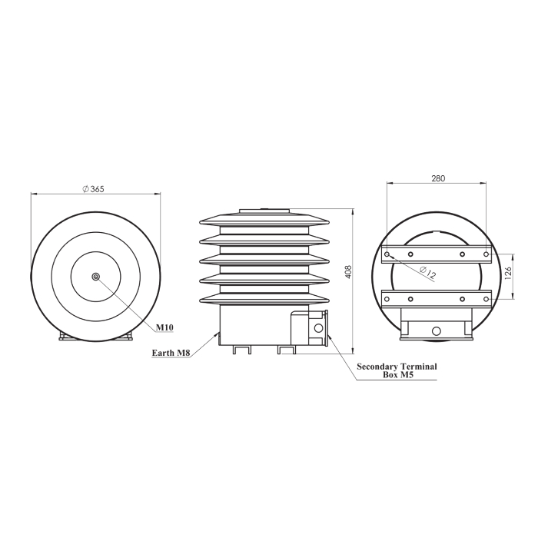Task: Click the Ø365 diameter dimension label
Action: pos(93,189)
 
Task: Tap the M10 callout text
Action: pos(164,327)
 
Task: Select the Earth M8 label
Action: pos(171,353)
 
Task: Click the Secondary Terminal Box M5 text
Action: pos(397,370)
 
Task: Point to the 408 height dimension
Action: pos(348,272)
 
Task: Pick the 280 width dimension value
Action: pos(438,178)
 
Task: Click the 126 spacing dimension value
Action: pos(508,274)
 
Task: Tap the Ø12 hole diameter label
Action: pos(428,272)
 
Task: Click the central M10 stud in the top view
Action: pos(96,277)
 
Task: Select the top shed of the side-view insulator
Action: pos(264,220)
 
